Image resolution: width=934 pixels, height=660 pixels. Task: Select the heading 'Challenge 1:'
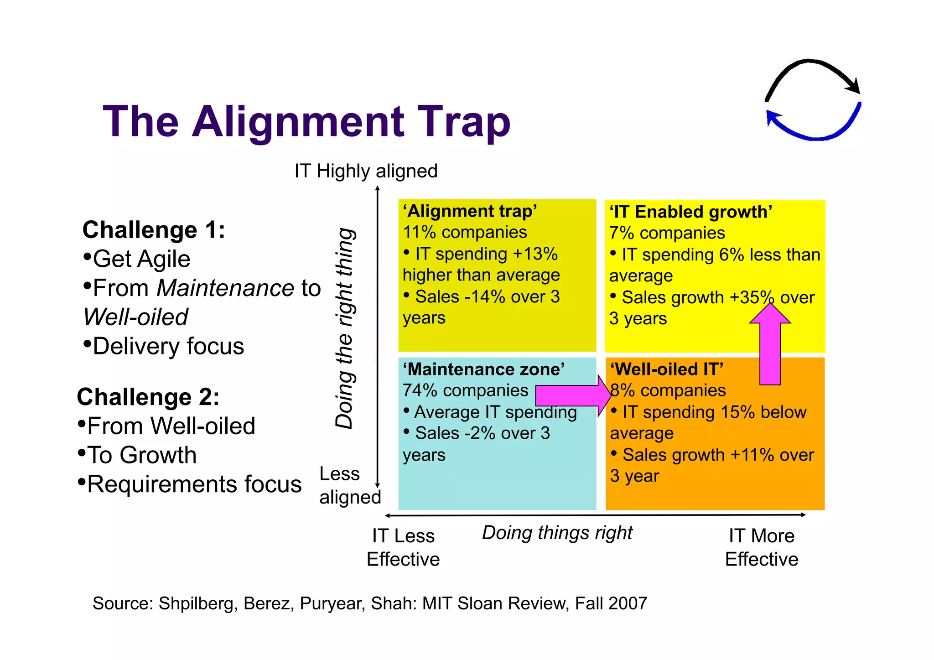coord(154,229)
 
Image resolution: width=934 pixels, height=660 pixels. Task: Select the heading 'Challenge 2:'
coord(148,396)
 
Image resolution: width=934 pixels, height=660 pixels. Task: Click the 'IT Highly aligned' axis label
coord(366,171)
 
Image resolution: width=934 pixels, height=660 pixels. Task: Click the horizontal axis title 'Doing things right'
coord(557,533)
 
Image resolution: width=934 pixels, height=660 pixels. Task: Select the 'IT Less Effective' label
coord(403,547)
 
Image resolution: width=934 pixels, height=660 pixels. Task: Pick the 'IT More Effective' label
coord(761,547)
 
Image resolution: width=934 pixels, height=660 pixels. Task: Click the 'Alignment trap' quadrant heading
coord(470,211)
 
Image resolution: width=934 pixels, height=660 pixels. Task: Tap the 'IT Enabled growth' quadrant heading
coord(690,212)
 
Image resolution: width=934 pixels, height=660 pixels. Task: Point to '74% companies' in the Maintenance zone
coord(465,390)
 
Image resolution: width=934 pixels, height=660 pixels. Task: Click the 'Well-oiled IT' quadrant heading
coord(667,369)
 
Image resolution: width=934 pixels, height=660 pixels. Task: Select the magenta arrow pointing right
coord(572,395)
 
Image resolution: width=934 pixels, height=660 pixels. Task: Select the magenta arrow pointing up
coord(770,347)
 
